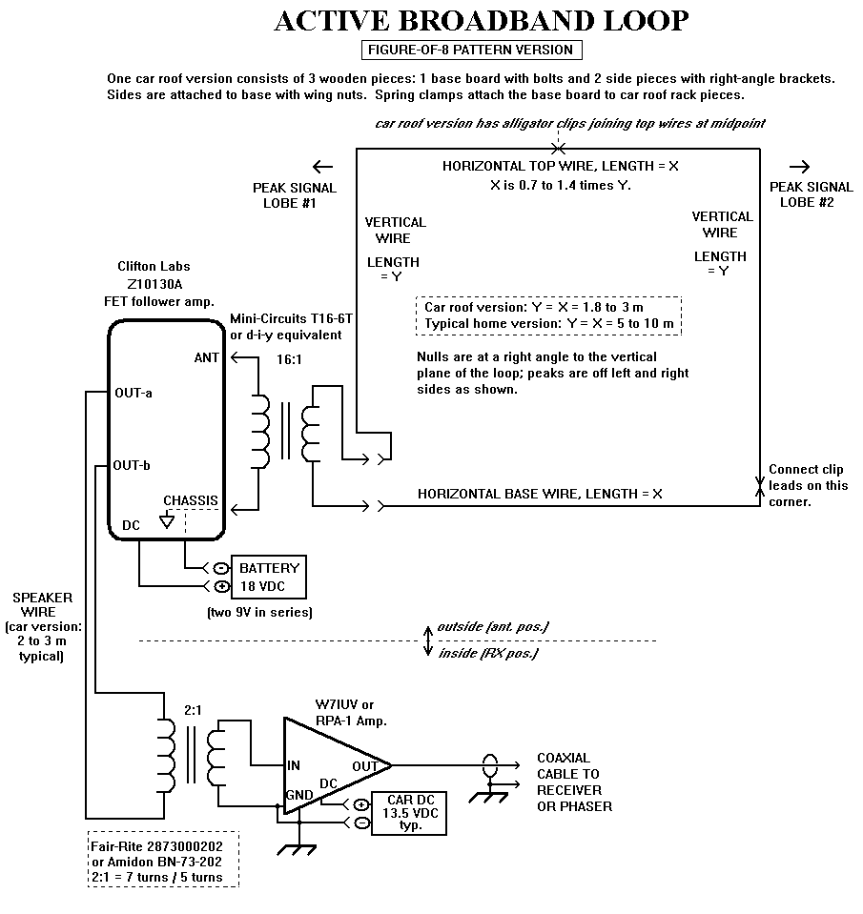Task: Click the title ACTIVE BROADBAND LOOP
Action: (481, 21)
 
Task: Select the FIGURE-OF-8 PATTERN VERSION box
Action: (472, 50)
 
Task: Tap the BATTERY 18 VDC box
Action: (269, 577)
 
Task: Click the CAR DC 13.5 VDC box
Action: (409, 813)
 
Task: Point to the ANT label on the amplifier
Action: (207, 358)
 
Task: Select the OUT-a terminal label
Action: (134, 393)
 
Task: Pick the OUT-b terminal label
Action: (132, 465)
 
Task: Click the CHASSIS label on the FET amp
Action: (191, 500)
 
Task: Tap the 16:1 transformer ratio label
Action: (289, 359)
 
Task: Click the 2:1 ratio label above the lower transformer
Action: (193, 710)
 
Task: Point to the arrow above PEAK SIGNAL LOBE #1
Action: (322, 167)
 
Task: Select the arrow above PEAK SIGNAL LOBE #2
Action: (799, 167)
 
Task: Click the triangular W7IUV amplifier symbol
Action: (337, 765)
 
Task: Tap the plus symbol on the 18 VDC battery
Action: (221, 586)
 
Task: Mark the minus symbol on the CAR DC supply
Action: (361, 823)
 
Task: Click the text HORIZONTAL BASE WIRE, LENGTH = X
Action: (540, 494)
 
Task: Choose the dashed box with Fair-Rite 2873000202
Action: (164, 861)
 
